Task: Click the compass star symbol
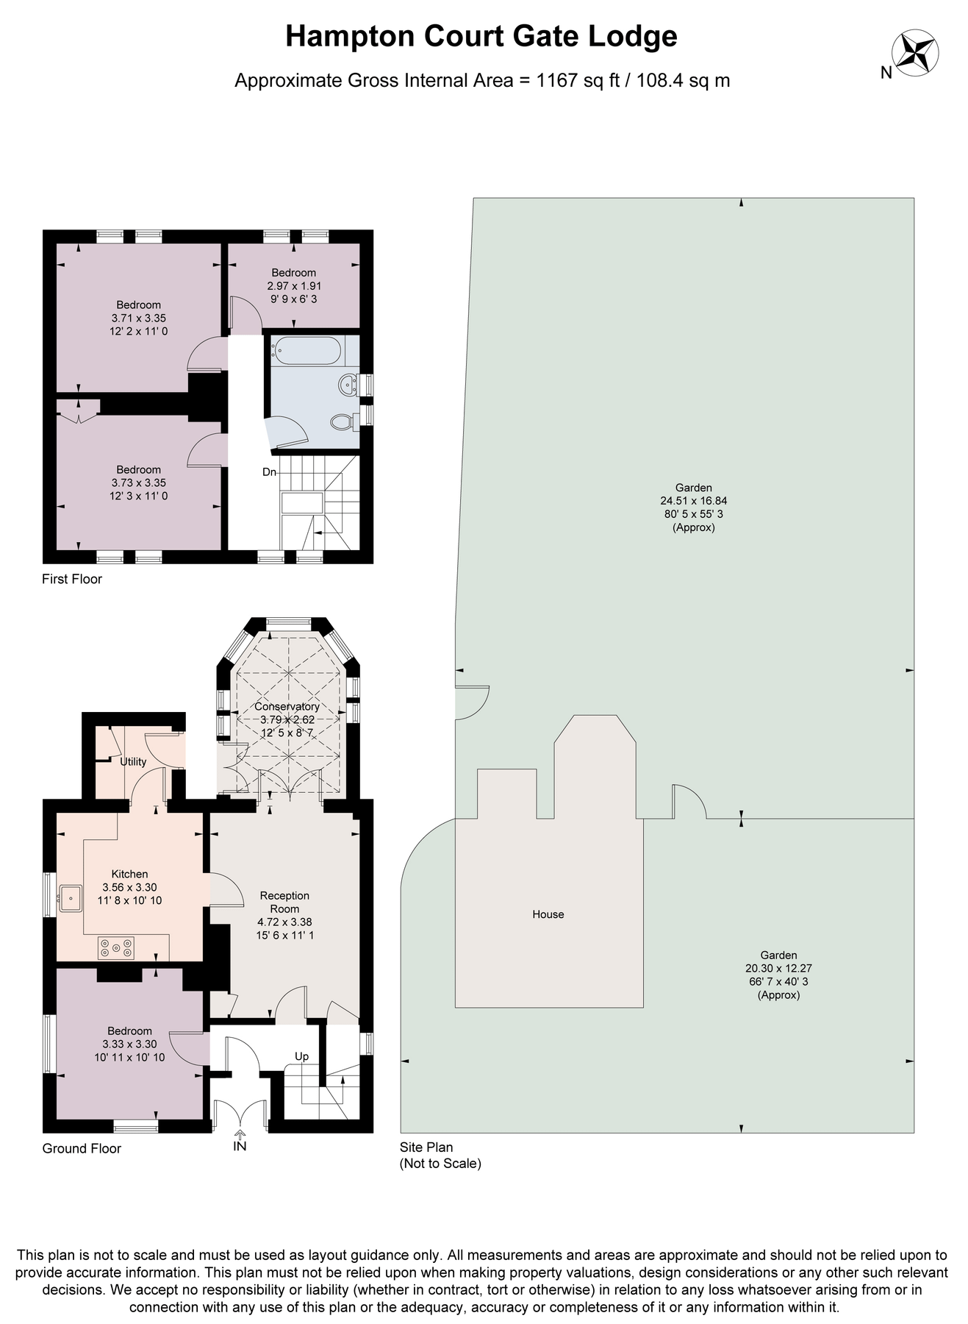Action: coord(915,54)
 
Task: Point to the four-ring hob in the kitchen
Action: coord(116,947)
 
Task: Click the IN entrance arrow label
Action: coord(240,1146)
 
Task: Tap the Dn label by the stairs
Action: coord(269,471)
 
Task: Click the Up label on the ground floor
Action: coord(301,1056)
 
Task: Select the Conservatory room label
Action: coord(287,706)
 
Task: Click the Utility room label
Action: coord(133,761)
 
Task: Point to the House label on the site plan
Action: coord(548,914)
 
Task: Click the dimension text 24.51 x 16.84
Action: coord(693,500)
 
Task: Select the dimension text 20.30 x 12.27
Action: coord(778,969)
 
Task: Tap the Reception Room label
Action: coord(284,902)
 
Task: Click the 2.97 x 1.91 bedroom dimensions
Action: coord(293,285)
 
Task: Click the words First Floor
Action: coord(71,579)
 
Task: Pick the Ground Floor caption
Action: coord(81,1148)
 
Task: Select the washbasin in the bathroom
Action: coord(348,383)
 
